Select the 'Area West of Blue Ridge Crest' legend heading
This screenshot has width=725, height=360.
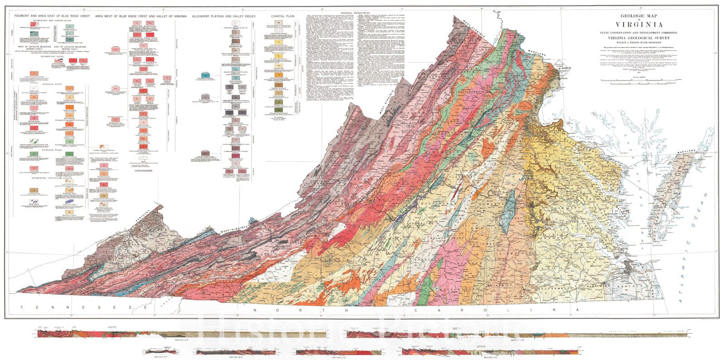tap(140, 16)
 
